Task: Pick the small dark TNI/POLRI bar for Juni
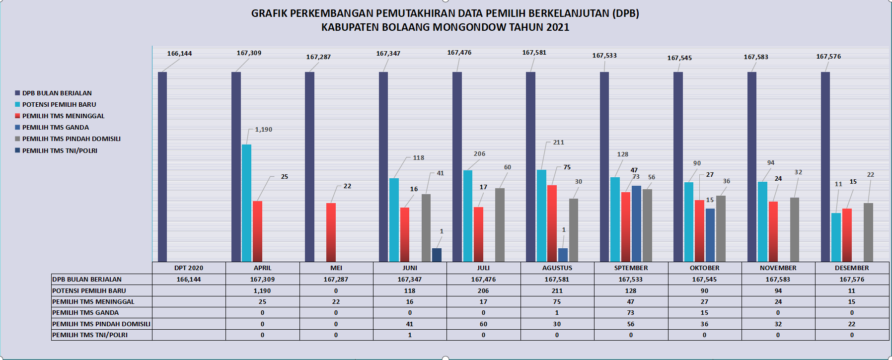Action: [x=437, y=255]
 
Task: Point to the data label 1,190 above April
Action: [x=263, y=130]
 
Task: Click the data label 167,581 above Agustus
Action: [x=534, y=53]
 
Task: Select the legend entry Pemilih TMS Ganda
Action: [x=55, y=128]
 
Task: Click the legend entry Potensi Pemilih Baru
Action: [x=59, y=105]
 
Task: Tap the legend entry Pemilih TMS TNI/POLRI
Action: [x=60, y=151]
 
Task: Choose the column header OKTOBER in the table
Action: [x=704, y=268]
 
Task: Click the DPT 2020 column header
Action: [x=189, y=268]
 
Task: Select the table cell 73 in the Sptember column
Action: [x=631, y=313]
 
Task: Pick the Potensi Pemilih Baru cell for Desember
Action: [x=852, y=291]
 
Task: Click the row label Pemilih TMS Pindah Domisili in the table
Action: [x=101, y=324]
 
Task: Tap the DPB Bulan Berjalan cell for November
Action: [x=778, y=280]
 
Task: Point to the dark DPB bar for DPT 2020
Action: [x=162, y=166]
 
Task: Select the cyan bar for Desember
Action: [x=836, y=237]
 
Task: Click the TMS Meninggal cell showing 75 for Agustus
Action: [x=557, y=302]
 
